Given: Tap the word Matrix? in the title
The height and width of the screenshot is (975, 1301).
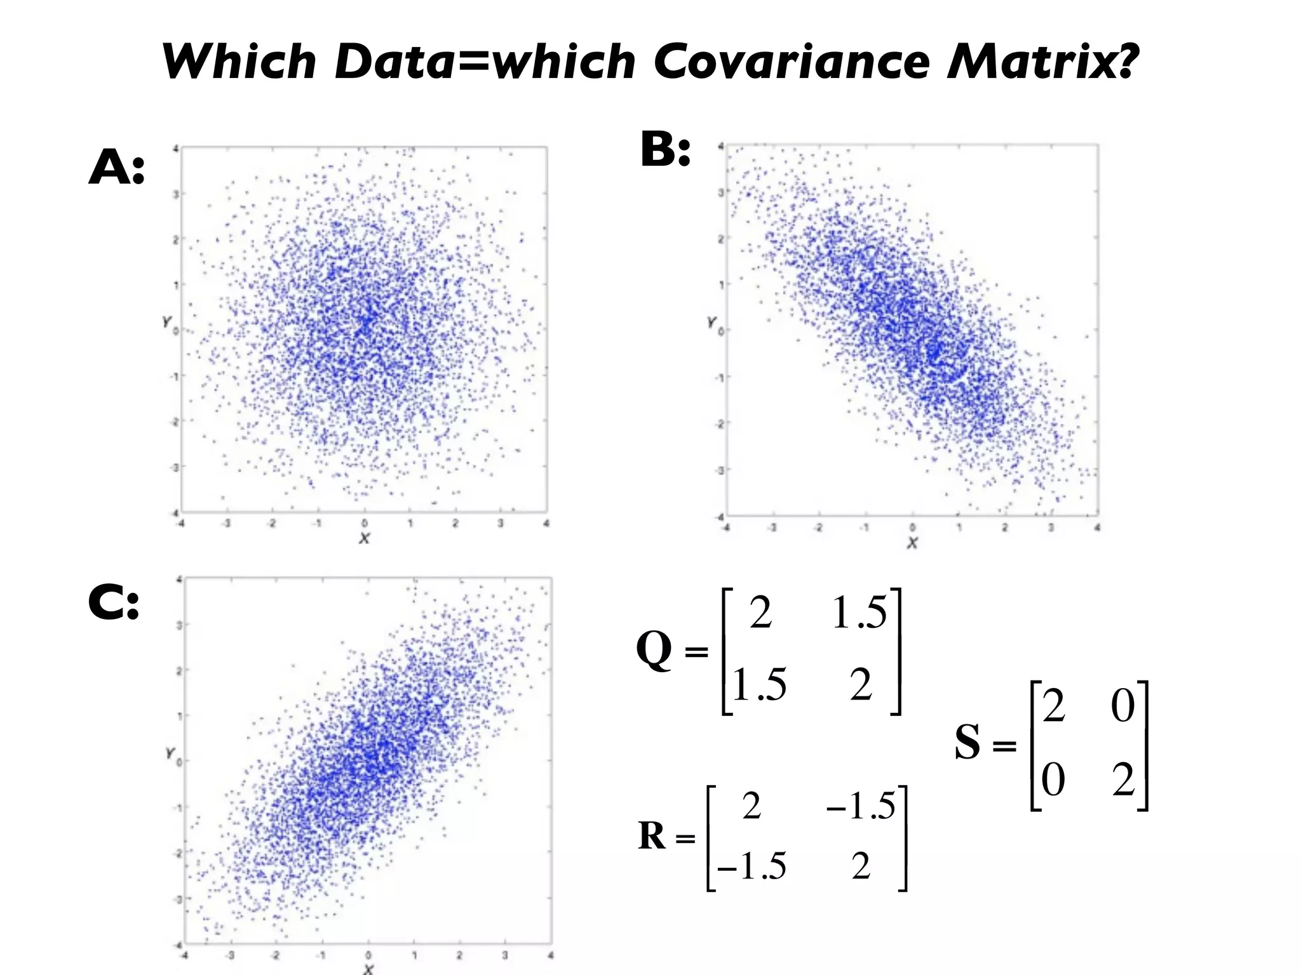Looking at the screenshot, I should pos(1042,62).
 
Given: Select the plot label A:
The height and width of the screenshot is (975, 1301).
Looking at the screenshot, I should pos(116,168).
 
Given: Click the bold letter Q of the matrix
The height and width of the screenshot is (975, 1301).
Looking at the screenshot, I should pos(654,650).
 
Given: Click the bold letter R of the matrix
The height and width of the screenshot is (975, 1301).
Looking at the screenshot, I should pos(652,836).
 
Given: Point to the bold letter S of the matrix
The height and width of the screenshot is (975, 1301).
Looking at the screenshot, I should pos(967,742).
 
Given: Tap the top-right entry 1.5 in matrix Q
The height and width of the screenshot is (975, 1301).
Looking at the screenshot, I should pos(859,614).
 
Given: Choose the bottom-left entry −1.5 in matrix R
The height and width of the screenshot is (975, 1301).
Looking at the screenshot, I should pos(752,866).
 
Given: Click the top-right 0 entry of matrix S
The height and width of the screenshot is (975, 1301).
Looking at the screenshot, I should pos(1122,706).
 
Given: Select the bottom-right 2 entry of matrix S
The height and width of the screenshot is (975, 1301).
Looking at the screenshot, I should pos(1123,780).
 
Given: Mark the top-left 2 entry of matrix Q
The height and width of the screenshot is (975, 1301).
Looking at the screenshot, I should pos(760,614).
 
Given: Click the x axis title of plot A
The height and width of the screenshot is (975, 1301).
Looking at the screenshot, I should pos(364,538).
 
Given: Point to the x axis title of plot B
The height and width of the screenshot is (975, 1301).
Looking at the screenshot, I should pos(912,543).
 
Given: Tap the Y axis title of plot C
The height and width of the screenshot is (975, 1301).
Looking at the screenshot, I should pos(170,753).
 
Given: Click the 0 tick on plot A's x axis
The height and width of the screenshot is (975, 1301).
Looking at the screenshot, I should pos(364,523).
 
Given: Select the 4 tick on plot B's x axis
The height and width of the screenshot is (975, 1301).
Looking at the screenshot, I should pos(1097,527).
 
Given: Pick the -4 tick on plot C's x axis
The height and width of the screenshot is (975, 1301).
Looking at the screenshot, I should pos(184,955).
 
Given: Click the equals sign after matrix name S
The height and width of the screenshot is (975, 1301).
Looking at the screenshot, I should pos(1004,746).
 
